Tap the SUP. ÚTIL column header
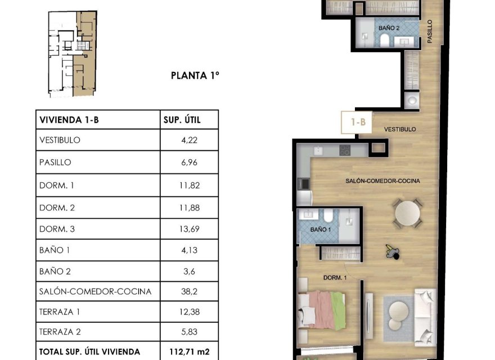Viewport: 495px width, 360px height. point(182,120)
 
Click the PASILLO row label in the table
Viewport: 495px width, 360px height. point(56,163)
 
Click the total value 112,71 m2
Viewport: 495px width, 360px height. point(189,352)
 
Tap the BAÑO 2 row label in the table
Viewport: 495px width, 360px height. point(55,271)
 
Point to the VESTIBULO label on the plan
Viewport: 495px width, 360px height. point(400,129)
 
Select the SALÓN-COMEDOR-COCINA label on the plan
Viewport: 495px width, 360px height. point(382,181)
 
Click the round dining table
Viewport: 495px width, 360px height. point(407,213)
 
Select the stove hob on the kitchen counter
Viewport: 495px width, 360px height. point(344,150)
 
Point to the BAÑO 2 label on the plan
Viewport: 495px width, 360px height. point(389,27)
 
